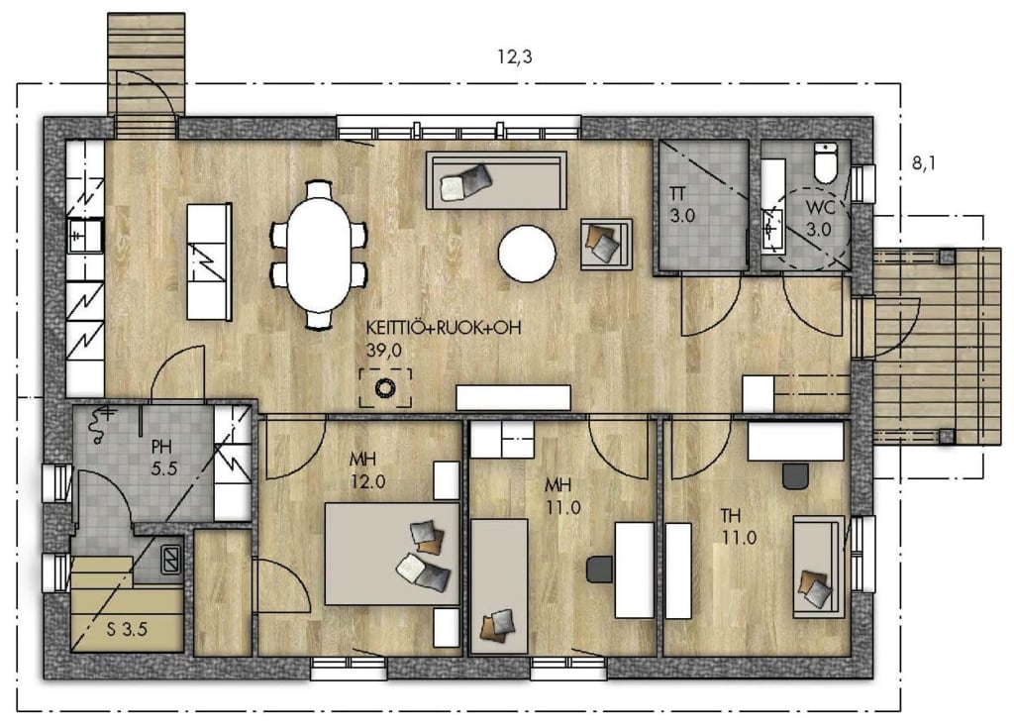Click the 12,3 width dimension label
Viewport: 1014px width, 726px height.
coord(515,56)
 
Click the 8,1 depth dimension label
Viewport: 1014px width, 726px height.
coord(924,163)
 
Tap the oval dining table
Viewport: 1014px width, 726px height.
coord(320,255)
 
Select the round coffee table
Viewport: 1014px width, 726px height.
coord(527,253)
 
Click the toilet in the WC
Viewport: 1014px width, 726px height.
coord(826,162)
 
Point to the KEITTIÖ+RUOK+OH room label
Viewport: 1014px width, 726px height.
coord(444,328)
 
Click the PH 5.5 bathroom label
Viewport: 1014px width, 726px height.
coord(163,458)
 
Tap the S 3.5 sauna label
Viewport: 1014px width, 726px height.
coord(127,628)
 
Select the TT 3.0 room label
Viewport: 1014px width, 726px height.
coord(681,204)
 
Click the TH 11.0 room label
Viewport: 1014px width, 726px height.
coord(739,527)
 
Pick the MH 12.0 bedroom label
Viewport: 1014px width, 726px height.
coord(367,470)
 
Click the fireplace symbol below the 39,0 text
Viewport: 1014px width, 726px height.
coord(385,388)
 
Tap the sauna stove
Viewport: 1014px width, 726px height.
coord(171,559)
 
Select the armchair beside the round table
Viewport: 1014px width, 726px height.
coord(606,244)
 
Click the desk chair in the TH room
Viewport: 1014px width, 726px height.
coord(795,475)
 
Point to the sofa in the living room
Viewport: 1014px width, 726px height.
coord(496,180)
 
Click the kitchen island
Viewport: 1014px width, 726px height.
coord(210,261)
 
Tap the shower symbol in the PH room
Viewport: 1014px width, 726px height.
coord(101,423)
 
